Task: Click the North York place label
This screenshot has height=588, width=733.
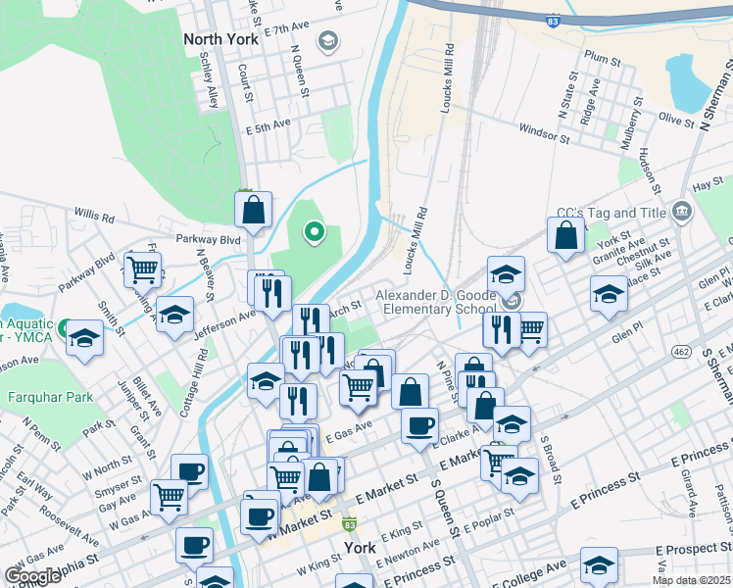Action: [x=221, y=40]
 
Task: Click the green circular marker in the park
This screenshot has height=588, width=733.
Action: [x=315, y=232]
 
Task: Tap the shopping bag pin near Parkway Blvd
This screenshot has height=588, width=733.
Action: [x=253, y=210]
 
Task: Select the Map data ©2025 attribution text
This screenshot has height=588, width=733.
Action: [x=692, y=580]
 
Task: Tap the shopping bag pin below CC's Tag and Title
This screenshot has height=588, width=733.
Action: [x=566, y=235]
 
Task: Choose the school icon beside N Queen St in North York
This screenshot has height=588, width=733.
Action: [x=327, y=41]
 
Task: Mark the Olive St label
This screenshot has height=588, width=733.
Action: [x=676, y=119]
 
